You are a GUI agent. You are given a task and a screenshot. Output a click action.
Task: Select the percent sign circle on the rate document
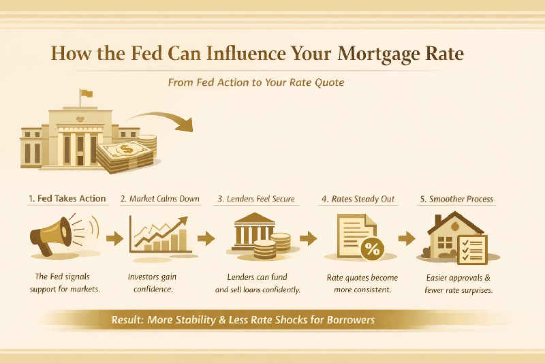[x=371, y=249]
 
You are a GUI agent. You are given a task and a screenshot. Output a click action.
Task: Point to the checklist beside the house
[x=472, y=249]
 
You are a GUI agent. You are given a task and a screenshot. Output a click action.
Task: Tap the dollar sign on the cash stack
[x=125, y=148]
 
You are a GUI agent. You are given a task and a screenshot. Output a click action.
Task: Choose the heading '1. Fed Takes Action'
[x=67, y=199]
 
